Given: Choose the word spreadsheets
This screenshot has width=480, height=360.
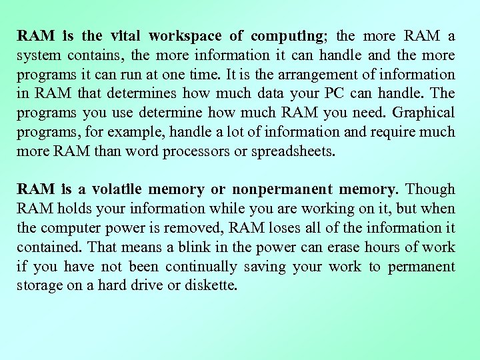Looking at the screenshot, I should (x=292, y=151).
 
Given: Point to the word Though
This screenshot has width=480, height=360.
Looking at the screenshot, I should (x=430, y=190).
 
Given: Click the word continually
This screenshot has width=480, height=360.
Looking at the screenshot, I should (x=200, y=267).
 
